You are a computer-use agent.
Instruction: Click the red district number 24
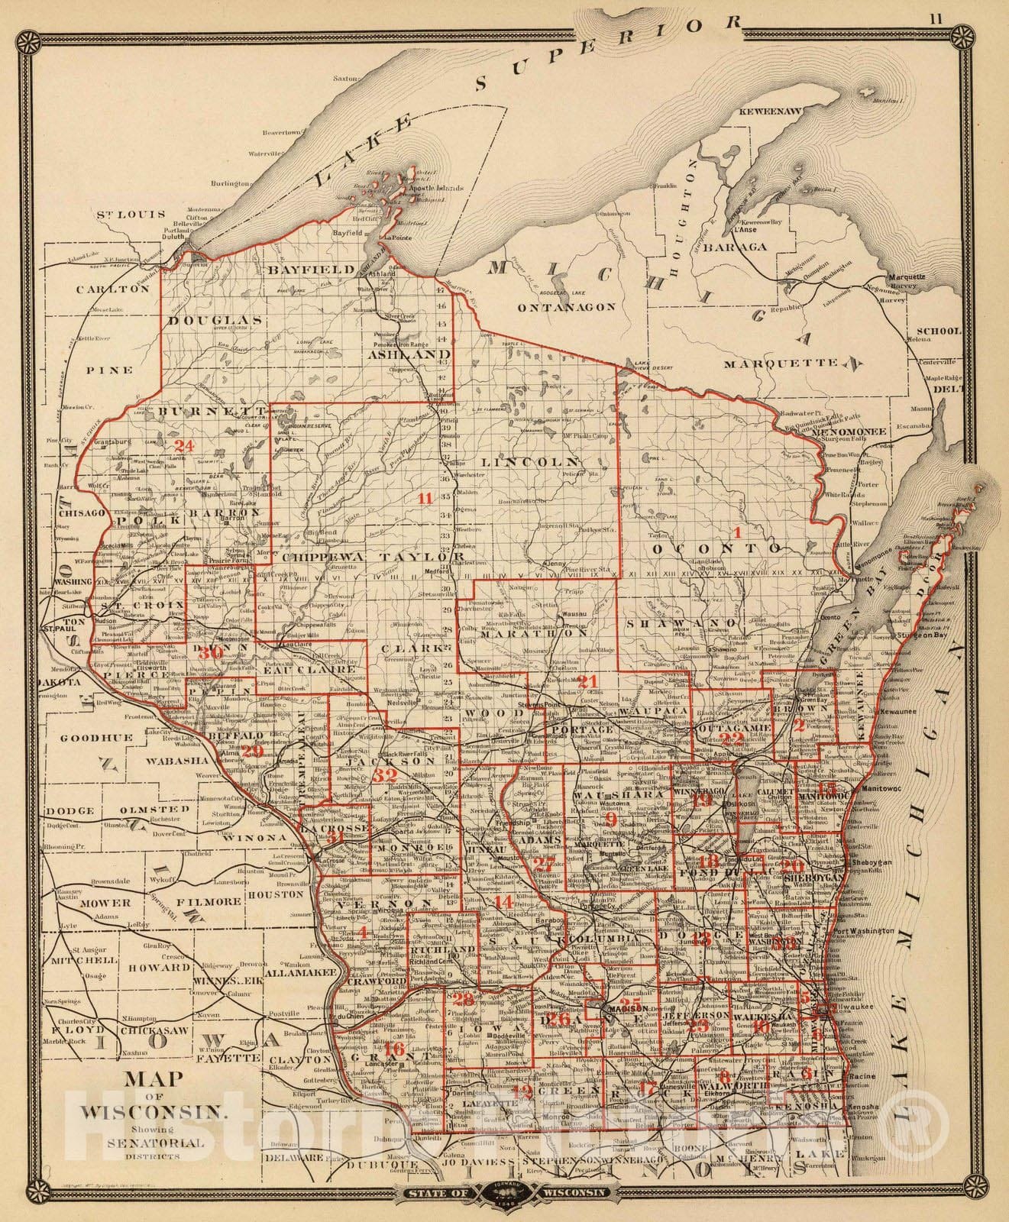[x=183, y=445]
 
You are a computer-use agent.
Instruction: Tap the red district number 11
[x=425, y=498]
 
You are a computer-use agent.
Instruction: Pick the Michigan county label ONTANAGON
[x=566, y=307]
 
